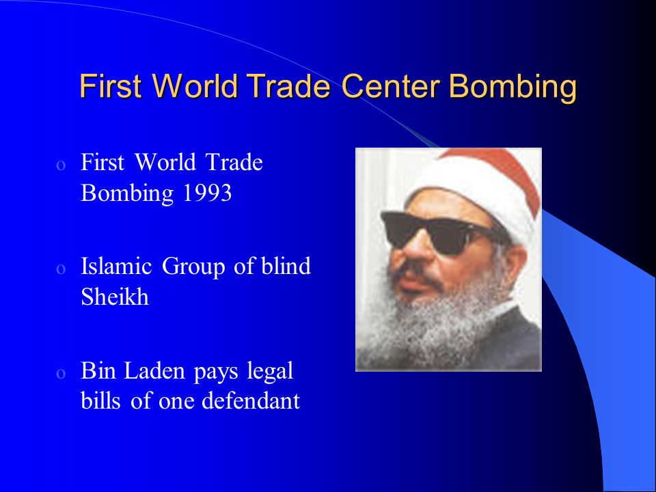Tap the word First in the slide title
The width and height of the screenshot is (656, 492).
[108, 87]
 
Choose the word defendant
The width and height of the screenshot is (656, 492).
[251, 402]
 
